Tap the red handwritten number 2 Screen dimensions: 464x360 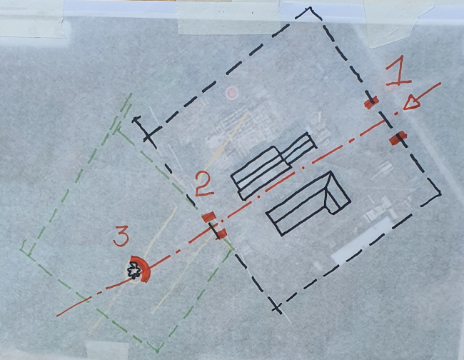[204, 184]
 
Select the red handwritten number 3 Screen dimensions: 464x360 [121, 236]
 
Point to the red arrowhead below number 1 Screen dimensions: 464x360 [412, 103]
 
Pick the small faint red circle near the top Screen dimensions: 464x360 [231, 93]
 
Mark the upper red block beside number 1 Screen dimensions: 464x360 [371, 103]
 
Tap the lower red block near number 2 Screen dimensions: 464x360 [221, 234]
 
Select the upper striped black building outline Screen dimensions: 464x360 [273, 166]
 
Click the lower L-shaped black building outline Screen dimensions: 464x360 [308, 204]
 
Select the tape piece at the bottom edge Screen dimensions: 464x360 [107, 350]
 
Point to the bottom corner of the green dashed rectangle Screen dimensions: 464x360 [157, 351]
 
